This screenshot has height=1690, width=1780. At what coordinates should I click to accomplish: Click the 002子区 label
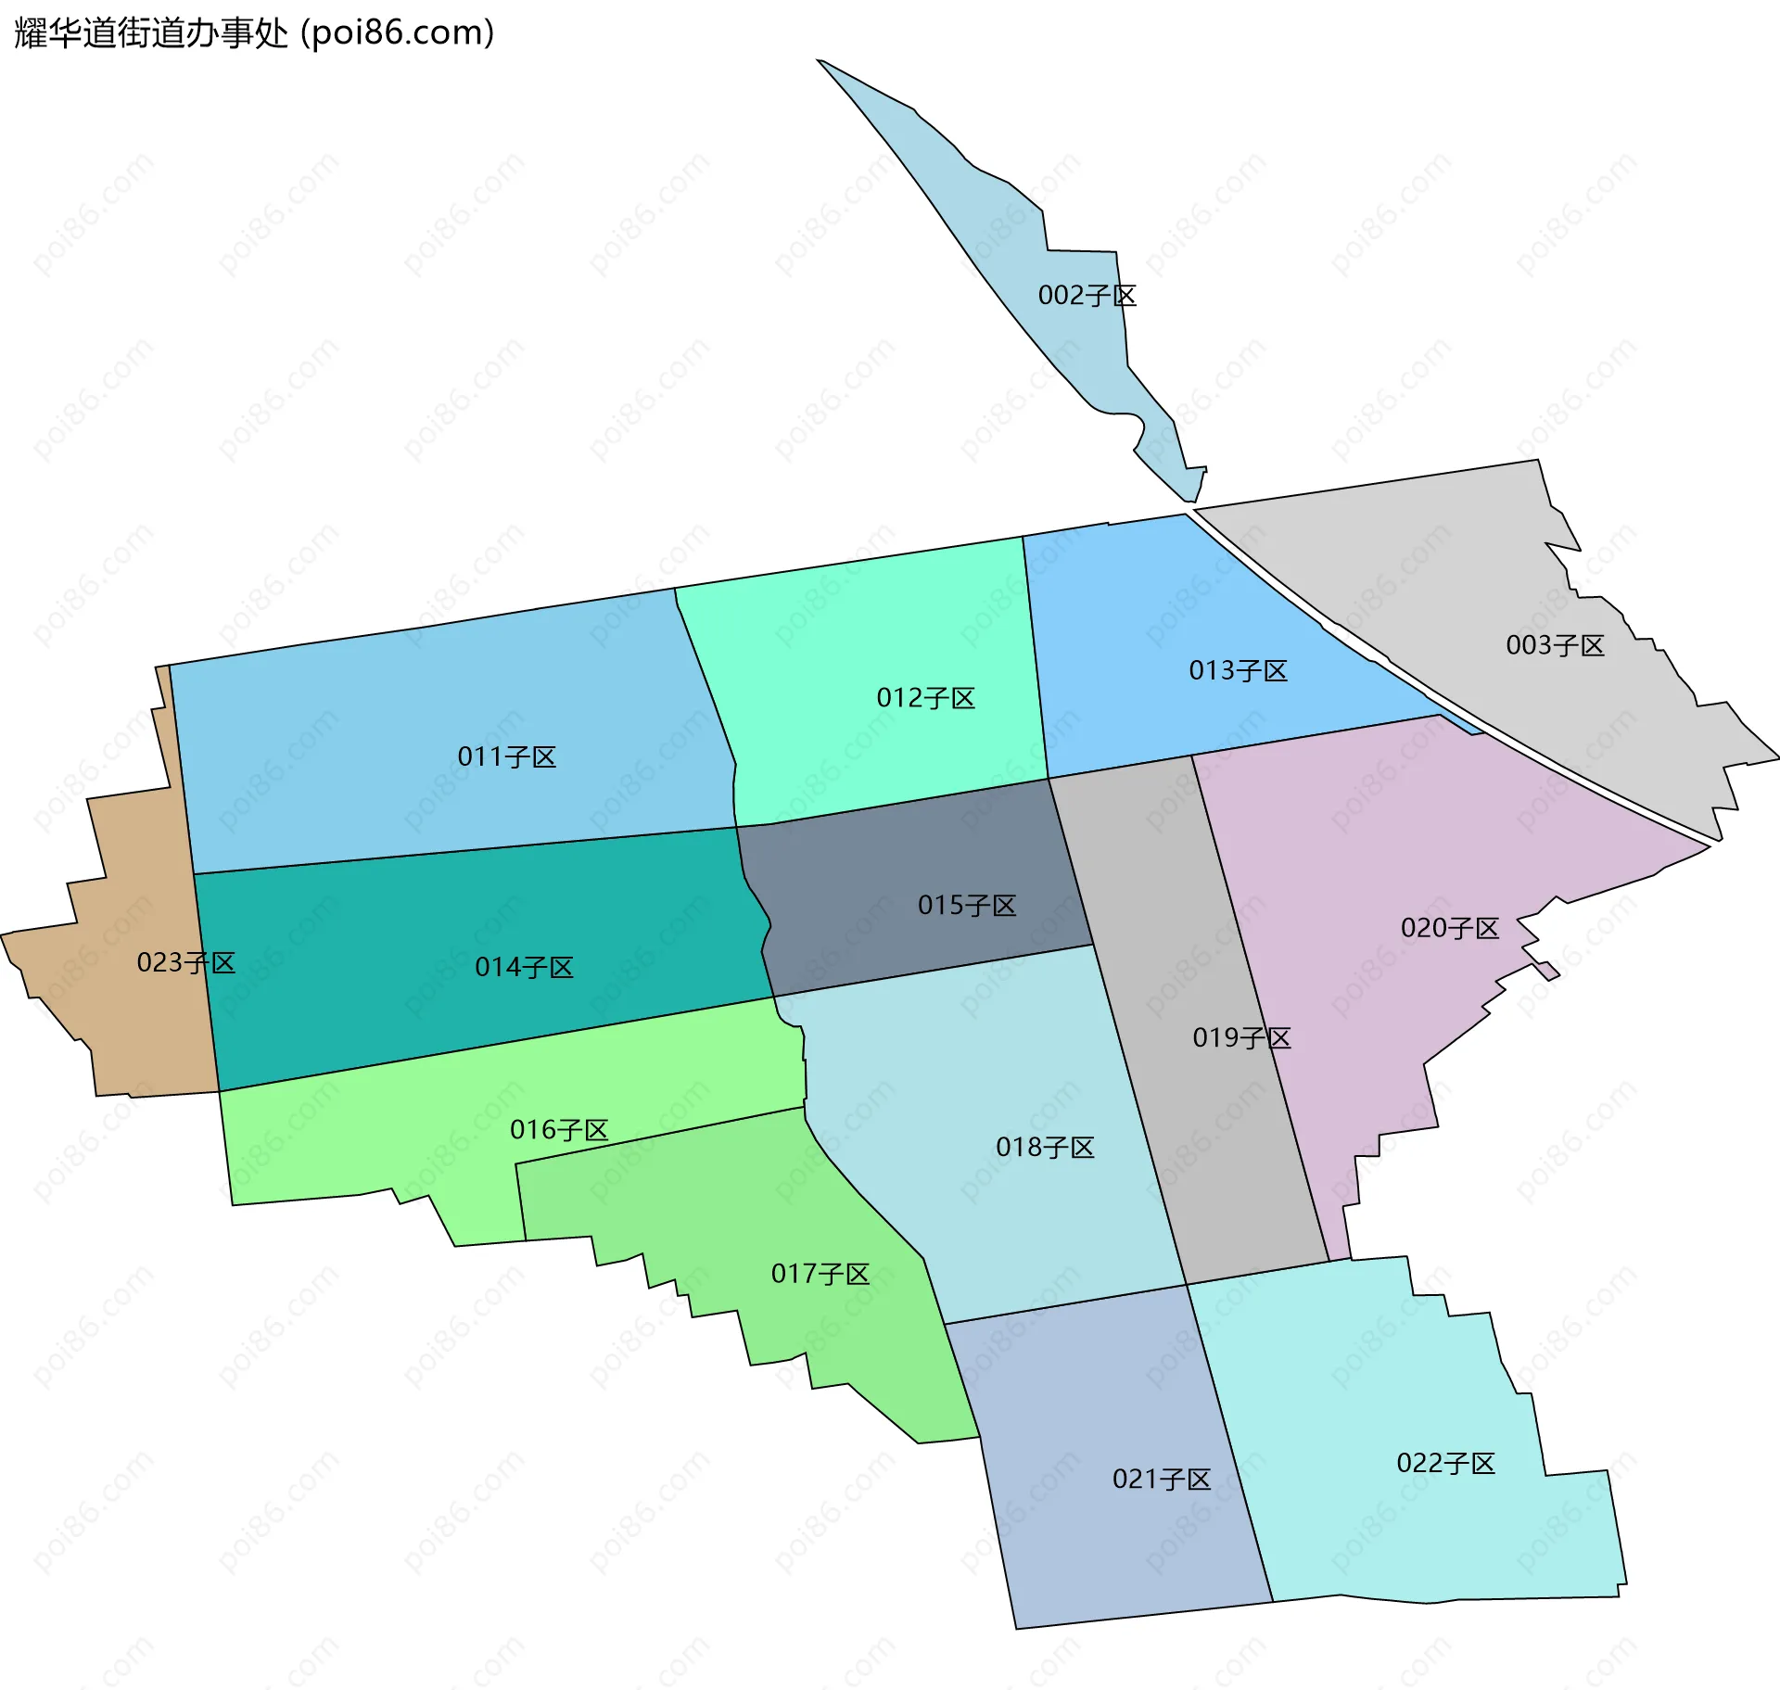pyautogui.click(x=1087, y=296)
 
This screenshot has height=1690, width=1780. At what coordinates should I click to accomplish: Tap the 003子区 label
pyautogui.click(x=1555, y=645)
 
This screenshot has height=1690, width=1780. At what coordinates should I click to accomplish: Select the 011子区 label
pyautogui.click(x=506, y=757)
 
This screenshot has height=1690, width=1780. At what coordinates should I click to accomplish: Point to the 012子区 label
pyautogui.click(x=925, y=698)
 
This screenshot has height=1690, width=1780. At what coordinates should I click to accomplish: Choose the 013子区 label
pyautogui.click(x=1238, y=670)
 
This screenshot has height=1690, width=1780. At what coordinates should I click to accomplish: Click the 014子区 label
pyautogui.click(x=524, y=968)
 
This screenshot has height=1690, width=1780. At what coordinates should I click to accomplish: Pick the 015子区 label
pyautogui.click(x=967, y=906)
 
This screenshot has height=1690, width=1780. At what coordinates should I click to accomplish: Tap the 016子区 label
pyautogui.click(x=559, y=1130)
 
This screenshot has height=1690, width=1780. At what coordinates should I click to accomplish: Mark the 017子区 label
pyautogui.click(x=820, y=1274)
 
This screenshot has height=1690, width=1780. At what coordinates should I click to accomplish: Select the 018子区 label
pyautogui.click(x=1045, y=1148)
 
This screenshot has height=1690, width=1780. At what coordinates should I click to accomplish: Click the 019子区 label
pyautogui.click(x=1241, y=1037)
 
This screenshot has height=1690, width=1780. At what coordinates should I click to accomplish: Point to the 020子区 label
pyautogui.click(x=1449, y=928)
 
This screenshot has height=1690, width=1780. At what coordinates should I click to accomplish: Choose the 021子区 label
pyautogui.click(x=1162, y=1479)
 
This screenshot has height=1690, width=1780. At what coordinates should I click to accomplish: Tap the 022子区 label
pyautogui.click(x=1445, y=1463)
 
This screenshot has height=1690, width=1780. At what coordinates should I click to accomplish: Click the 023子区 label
pyautogui.click(x=185, y=963)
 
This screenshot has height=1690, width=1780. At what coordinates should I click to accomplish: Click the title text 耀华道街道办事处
pyautogui.click(x=151, y=33)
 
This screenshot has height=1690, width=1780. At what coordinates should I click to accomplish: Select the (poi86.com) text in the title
pyautogui.click(x=398, y=33)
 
